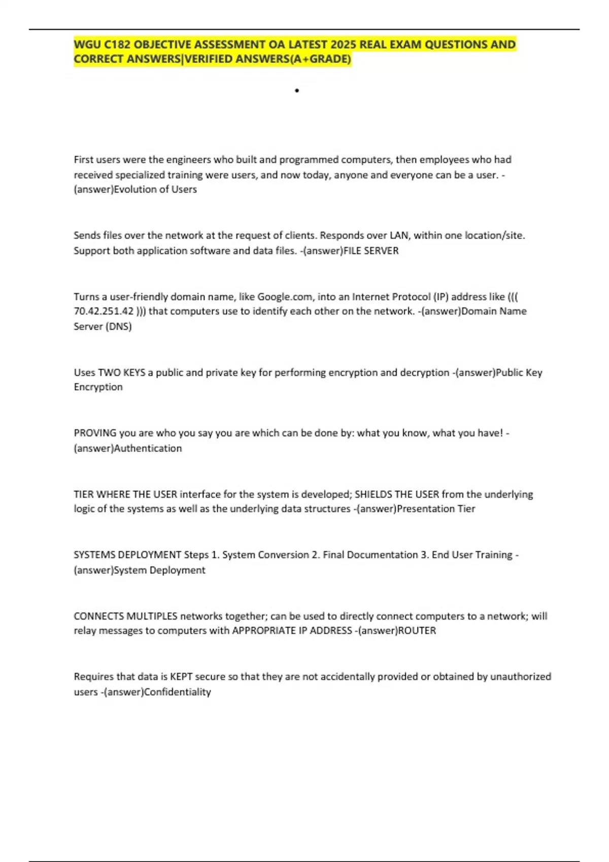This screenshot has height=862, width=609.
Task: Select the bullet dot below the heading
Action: click(x=297, y=91)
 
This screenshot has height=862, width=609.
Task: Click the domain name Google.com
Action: click(x=285, y=297)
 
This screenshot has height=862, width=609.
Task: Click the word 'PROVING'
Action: click(x=95, y=433)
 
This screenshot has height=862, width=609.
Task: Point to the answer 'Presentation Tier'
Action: click(x=436, y=509)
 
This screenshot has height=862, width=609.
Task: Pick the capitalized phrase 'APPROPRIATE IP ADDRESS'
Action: click(x=292, y=630)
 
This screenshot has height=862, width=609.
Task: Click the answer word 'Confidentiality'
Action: click(x=178, y=692)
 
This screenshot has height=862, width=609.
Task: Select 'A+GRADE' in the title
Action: click(x=326, y=59)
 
